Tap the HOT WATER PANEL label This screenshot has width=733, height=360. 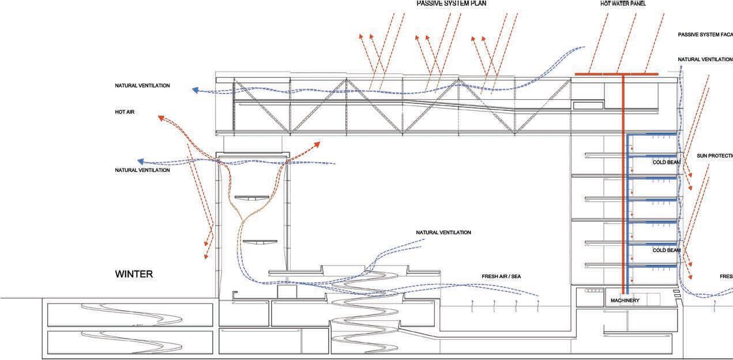(623, 3)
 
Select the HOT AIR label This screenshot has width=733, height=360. (125, 111)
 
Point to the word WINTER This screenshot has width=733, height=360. (134, 274)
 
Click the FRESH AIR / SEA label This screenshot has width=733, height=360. (501, 277)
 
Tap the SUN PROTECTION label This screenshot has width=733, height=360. (714, 156)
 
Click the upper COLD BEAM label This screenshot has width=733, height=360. (666, 162)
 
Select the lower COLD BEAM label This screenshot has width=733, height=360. (666, 250)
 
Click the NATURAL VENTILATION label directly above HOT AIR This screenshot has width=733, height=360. (142, 85)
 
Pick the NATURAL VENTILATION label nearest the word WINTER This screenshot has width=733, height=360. (142, 170)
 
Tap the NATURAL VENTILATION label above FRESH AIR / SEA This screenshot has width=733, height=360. (443, 232)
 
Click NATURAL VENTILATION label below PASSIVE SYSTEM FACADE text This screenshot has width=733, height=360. (705, 59)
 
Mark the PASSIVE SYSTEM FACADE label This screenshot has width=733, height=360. (705, 35)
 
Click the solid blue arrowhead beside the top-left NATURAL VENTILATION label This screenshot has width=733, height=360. (197, 90)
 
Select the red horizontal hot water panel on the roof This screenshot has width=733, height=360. (617, 74)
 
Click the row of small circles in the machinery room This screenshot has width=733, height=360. (592, 291)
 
